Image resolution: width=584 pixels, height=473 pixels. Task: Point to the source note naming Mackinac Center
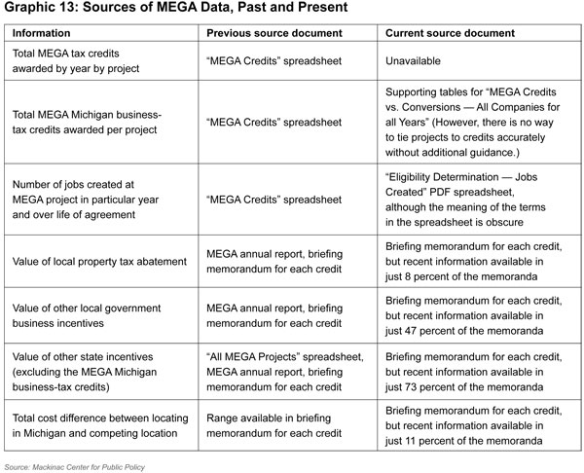click(x=76, y=466)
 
